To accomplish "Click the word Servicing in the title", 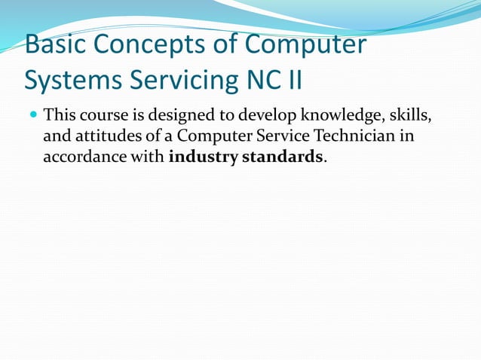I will click(171, 79).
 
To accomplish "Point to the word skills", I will click(412, 117).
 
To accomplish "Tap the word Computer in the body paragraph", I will click(213, 138).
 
